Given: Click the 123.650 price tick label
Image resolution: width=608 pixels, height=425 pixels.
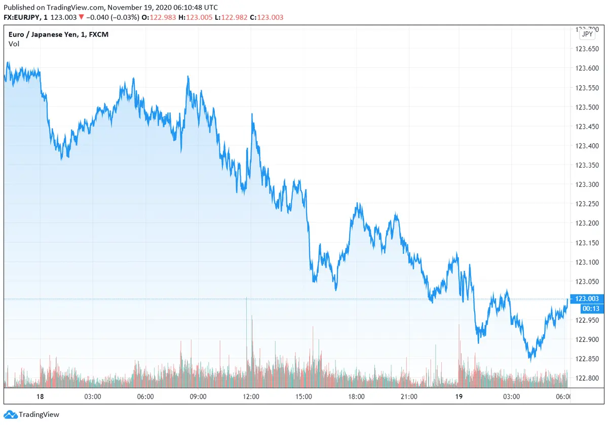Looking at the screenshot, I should click(x=586, y=49).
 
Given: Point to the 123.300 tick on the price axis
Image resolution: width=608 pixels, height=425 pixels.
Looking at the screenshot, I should click(x=586, y=184).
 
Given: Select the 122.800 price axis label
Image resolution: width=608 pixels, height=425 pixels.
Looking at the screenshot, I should click(x=586, y=378).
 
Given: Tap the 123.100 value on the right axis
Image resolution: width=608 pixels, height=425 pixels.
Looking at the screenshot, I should click(x=586, y=262).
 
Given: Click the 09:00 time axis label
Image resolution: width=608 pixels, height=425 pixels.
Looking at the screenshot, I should click(x=198, y=396).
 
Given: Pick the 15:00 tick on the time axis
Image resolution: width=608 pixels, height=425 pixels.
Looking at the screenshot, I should click(x=303, y=396).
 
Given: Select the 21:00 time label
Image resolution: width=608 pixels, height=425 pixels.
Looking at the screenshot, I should click(x=408, y=396).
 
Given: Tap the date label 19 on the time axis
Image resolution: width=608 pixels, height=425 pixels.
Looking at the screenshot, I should click(x=459, y=396).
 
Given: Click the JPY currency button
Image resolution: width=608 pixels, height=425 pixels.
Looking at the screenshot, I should click(x=587, y=34).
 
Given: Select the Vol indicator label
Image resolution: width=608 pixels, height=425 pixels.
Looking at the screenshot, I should click(x=14, y=44).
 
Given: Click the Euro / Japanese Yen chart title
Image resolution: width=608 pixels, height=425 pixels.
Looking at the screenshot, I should click(x=58, y=34).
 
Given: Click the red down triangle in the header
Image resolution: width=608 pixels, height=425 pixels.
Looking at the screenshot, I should click(x=82, y=17).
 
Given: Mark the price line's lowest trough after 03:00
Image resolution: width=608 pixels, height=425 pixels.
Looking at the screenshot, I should click(x=530, y=359).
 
